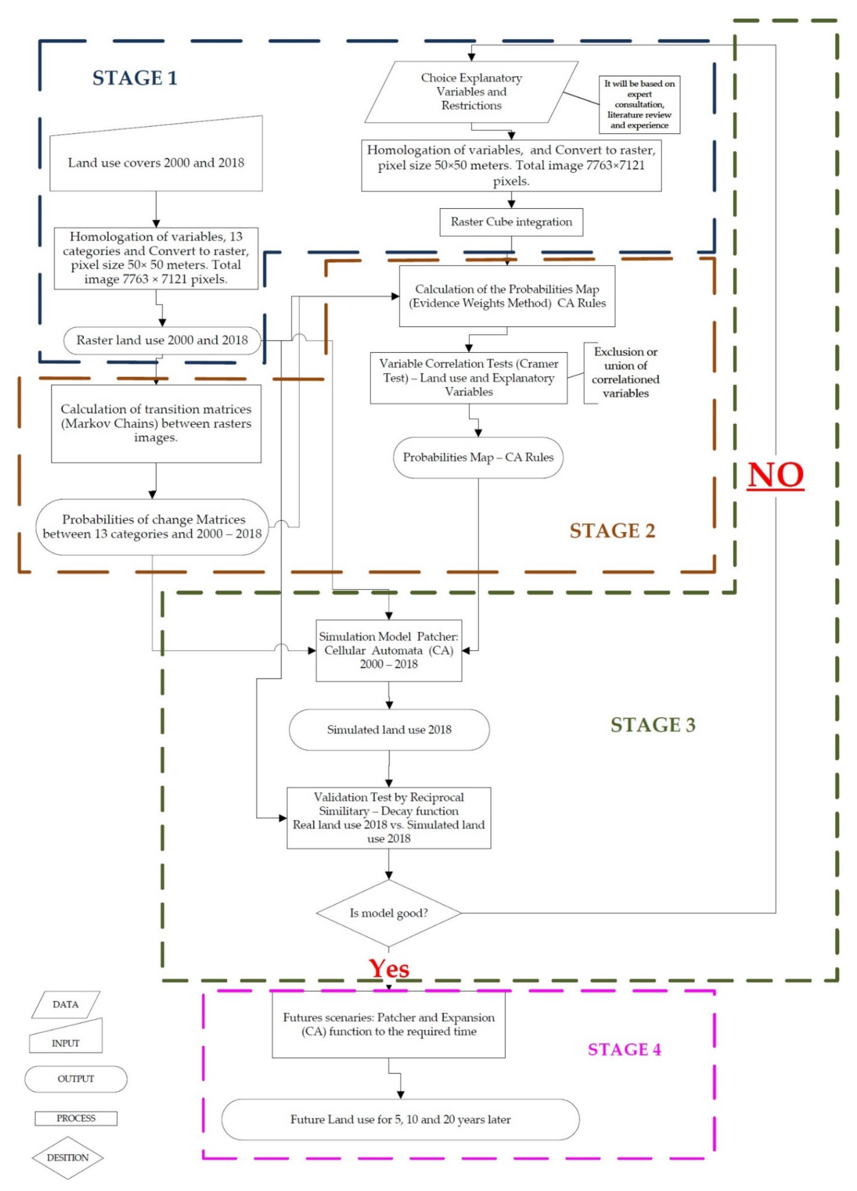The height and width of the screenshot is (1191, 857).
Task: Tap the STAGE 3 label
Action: click(x=653, y=725)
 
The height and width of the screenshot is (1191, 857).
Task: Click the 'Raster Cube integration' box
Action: click(x=511, y=222)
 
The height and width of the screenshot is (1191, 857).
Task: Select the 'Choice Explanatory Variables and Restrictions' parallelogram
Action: click(x=471, y=92)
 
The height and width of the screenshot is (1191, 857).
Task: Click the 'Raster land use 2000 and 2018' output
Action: click(x=162, y=340)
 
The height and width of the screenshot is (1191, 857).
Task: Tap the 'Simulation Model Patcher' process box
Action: click(x=389, y=650)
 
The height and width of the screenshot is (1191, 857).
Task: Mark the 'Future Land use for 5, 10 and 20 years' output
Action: click(x=400, y=1120)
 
